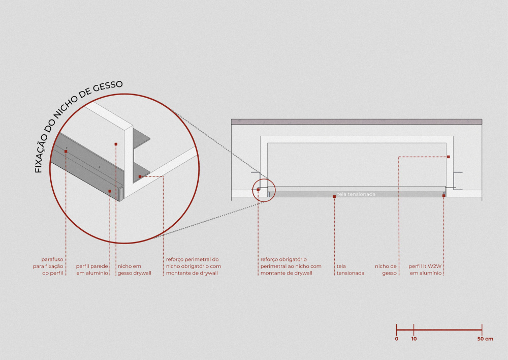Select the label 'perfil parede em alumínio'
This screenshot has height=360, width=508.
[92, 269]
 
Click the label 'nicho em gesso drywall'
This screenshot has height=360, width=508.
[134, 269]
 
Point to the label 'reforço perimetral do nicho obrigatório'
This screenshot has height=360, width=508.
[194, 266]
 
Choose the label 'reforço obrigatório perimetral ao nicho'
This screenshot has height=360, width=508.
[291, 266]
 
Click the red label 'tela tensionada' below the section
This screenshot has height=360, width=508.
[350, 269]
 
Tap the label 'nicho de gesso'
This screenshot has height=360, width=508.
[386, 269]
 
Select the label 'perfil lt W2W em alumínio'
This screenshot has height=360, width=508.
[425, 269]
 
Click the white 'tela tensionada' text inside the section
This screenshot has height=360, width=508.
[356, 194]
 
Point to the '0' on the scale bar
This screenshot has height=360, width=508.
[397, 339]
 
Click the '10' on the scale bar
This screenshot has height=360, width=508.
[414, 339]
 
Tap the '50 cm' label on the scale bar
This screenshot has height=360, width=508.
[485, 339]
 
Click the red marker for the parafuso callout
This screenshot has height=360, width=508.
[66, 152]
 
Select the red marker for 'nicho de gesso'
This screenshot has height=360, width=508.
[449, 157]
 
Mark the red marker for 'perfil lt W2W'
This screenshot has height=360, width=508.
[443, 196]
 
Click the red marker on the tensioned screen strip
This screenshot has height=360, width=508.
[334, 197]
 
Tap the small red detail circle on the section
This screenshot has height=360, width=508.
[264, 178]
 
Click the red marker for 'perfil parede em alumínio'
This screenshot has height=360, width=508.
[110, 191]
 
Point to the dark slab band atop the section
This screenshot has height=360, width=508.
[357, 122]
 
